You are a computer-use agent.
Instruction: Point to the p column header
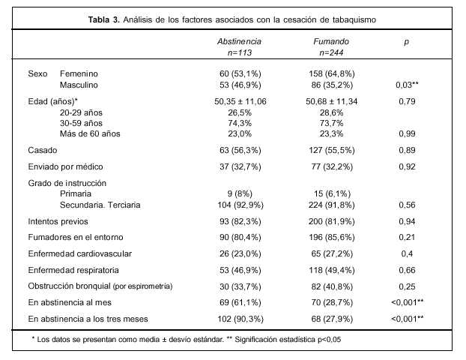[x=405, y=42]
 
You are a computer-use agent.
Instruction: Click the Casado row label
[x=43, y=151]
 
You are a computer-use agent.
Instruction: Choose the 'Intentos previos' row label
[x=58, y=222]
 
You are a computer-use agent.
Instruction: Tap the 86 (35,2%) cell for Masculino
[x=329, y=85]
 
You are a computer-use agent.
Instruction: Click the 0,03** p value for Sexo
[x=405, y=85]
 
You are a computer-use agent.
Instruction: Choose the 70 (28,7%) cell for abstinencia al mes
[x=329, y=303]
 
